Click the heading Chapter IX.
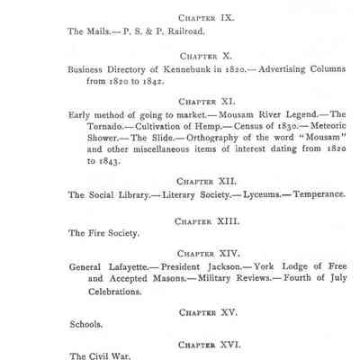207,16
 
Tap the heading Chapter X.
207,55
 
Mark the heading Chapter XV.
208,311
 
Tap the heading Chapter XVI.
208,344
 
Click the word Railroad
183,31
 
